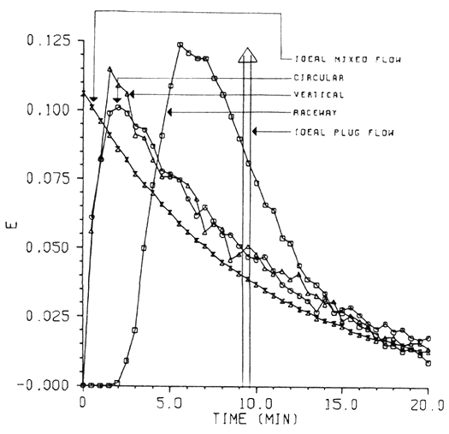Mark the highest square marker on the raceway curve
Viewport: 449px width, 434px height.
[180, 45]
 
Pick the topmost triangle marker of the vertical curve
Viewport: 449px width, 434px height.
[109, 68]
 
